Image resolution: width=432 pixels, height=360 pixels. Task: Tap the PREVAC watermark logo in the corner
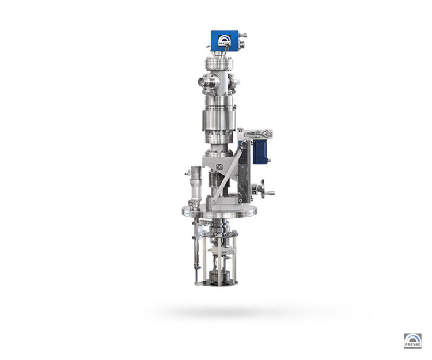click(x=412, y=340)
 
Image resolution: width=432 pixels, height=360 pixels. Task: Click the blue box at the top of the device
click(x=225, y=40)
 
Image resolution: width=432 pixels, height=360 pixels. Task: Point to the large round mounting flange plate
click(x=219, y=211)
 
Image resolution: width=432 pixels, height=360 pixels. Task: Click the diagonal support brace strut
click(x=227, y=173)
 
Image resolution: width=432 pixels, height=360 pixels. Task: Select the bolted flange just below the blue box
click(x=219, y=63)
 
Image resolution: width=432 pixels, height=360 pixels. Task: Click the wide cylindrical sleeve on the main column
click(x=219, y=120)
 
